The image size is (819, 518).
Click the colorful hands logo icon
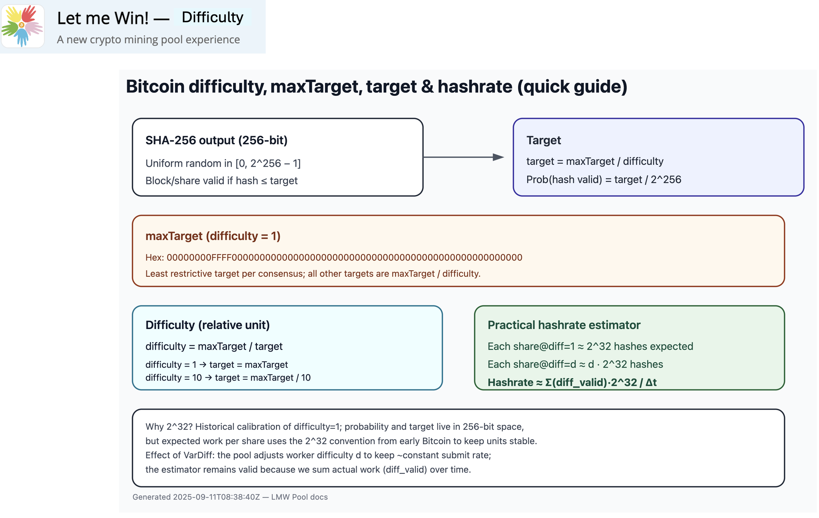tap(23, 26)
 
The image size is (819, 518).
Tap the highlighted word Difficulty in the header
tap(212, 17)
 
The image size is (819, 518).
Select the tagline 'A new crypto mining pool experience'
tap(148, 39)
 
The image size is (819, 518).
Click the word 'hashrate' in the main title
tap(476, 86)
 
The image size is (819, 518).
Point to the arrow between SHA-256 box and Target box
tap(464, 157)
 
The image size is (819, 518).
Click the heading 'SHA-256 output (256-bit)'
tap(216, 140)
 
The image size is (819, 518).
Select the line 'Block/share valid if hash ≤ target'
tap(222, 181)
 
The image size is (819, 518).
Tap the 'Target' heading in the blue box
tap(544, 140)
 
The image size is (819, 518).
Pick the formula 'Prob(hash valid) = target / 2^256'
tap(604, 180)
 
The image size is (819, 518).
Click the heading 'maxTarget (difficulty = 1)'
tap(213, 236)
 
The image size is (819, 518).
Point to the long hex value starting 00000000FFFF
tap(344, 257)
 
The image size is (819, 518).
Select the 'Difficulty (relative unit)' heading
tap(207, 325)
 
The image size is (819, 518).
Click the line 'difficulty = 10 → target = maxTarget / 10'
tap(228, 377)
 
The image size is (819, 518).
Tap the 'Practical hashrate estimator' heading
tap(564, 325)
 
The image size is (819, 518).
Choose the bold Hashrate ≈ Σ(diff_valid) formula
tap(572, 382)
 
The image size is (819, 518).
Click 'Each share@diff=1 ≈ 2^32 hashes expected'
tap(590, 346)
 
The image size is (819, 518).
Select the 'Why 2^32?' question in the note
tap(169, 426)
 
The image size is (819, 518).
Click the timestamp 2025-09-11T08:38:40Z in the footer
tap(216, 497)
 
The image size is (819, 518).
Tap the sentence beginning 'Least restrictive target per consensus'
tap(313, 274)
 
